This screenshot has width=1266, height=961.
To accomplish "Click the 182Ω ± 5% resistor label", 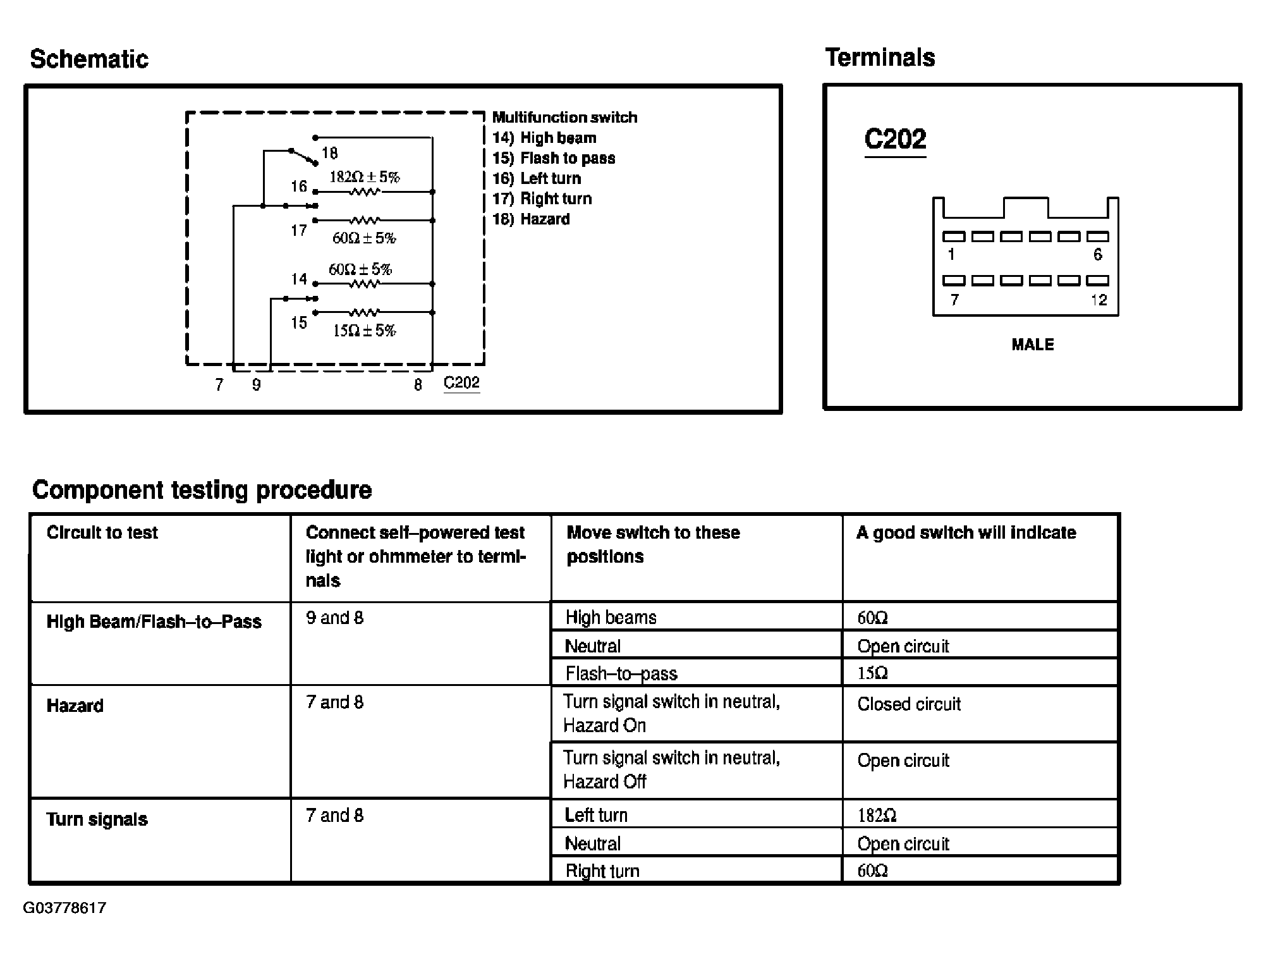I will pyautogui.click(x=364, y=177).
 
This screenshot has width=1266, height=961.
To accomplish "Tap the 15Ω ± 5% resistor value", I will pyautogui.click(x=364, y=331).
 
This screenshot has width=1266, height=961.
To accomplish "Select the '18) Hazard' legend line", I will pyautogui.click(x=531, y=219).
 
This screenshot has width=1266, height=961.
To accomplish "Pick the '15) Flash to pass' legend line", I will pyautogui.click(x=554, y=158).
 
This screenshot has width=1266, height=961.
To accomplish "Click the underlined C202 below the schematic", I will pyautogui.click(x=461, y=383).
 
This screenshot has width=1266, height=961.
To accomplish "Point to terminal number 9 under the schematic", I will pyautogui.click(x=256, y=385).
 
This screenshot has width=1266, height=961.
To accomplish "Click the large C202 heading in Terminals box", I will pyautogui.click(x=895, y=139).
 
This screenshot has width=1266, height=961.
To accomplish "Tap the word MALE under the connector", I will pyautogui.click(x=1033, y=345).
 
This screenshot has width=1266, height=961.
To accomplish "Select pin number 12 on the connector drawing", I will pyautogui.click(x=1099, y=300).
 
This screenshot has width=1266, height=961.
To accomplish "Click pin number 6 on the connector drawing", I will pyautogui.click(x=1097, y=255).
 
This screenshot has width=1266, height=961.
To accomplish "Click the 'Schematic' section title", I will pyautogui.click(x=89, y=59).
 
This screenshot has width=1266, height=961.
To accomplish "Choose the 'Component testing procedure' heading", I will pyautogui.click(x=202, y=490).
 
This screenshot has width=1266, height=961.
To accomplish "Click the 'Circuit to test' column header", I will pyautogui.click(x=102, y=532).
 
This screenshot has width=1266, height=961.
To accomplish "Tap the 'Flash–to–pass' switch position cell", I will pyautogui.click(x=621, y=674).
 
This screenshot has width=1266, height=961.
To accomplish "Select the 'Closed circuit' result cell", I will pyautogui.click(x=909, y=704).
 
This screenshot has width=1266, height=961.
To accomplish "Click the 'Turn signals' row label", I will pyautogui.click(x=97, y=819).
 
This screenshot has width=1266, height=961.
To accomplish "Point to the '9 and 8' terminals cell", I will pyautogui.click(x=335, y=618).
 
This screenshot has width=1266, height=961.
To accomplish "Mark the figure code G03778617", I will pyautogui.click(x=64, y=908).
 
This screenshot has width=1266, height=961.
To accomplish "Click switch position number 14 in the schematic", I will pyautogui.click(x=299, y=279).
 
